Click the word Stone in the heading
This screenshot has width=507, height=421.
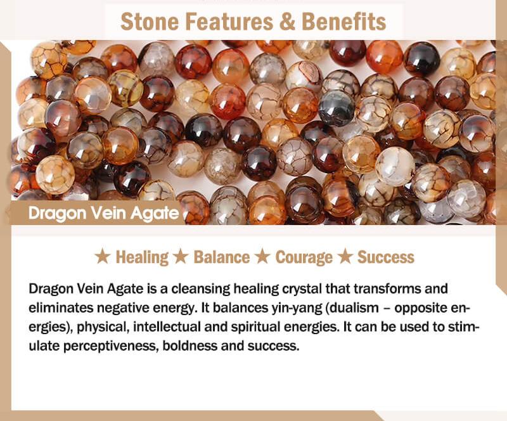click(x=150, y=22)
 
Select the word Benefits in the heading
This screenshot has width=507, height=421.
click(x=343, y=22)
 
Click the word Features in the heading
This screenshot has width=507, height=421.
click(x=229, y=22)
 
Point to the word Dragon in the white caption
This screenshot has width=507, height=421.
click(x=57, y=214)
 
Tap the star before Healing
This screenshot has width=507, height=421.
click(x=102, y=257)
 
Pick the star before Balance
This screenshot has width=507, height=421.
click(x=181, y=257)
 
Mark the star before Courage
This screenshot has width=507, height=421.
click(x=262, y=257)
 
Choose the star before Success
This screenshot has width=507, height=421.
click(x=345, y=257)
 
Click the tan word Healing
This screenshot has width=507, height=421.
click(x=142, y=257)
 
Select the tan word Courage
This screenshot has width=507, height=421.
click(x=304, y=257)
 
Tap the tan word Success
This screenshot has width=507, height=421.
click(x=386, y=257)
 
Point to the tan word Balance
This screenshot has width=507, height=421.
click(x=221, y=257)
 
